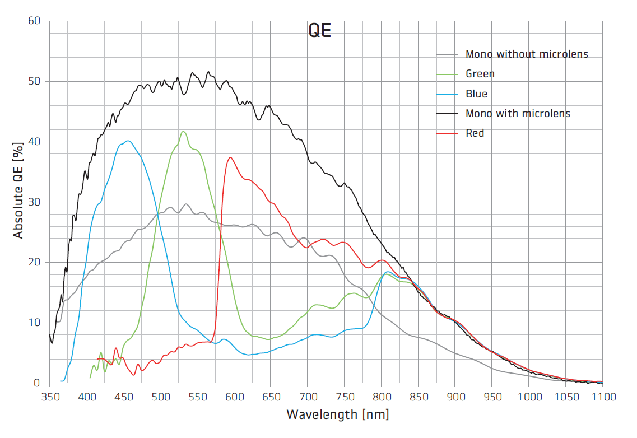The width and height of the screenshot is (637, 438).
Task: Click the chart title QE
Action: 320,31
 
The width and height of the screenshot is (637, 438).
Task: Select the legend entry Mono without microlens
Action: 527,54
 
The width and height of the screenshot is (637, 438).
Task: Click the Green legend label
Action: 480,74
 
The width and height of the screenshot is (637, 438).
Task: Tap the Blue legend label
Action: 476,94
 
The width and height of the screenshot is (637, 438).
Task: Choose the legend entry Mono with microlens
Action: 518,113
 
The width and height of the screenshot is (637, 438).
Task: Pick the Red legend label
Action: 475,133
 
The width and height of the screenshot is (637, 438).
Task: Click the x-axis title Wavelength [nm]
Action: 337,415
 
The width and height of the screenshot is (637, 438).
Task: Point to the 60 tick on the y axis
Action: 34,21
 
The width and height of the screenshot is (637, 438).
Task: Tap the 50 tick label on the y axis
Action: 34,82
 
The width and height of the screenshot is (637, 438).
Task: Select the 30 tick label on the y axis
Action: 34,202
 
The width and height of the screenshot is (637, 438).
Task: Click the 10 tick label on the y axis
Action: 34,323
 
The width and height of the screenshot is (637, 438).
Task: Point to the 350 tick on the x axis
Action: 49,397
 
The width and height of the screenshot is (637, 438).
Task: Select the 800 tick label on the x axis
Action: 381,397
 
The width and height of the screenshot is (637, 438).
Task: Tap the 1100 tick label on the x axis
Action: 602,397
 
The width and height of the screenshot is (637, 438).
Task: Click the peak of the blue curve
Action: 128,141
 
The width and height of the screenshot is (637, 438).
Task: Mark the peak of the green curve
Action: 183,131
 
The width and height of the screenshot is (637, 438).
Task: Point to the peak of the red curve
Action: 230,157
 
